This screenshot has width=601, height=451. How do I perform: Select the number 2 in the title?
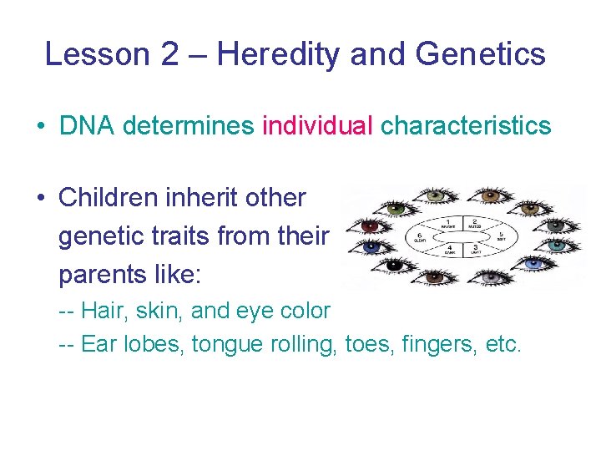[x=169, y=54]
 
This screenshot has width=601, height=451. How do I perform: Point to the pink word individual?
[x=317, y=126]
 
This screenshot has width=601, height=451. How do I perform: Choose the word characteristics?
[x=466, y=126]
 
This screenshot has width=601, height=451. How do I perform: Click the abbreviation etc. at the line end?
[x=503, y=344]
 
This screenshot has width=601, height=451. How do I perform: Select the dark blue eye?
[x=371, y=246]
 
